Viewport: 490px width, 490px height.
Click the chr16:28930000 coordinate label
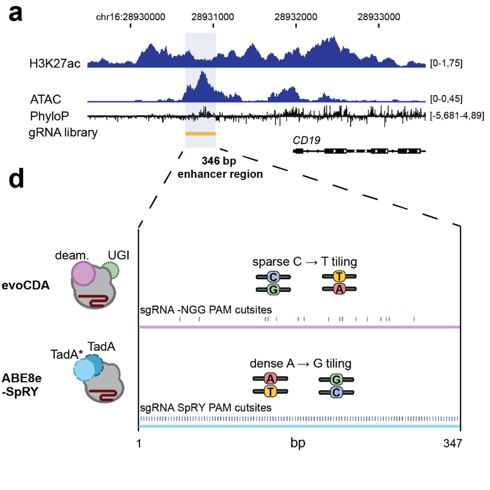130,17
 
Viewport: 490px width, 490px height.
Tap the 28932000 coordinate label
296,17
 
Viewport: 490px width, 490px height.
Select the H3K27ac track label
55,63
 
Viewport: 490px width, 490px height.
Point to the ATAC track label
46,99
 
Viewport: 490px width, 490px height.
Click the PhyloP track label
49,116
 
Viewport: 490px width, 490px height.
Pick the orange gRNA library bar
200,134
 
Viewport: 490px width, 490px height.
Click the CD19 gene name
306,140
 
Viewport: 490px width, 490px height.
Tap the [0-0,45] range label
446,99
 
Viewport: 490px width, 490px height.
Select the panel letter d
16,178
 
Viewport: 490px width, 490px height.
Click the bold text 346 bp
219,161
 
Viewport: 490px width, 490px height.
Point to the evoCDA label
26,285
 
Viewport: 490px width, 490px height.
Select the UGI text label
119,255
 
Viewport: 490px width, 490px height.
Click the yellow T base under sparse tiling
339,277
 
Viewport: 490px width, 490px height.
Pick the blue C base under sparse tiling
273,277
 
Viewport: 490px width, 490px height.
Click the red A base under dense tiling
270,379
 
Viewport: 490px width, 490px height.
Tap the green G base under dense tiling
336,379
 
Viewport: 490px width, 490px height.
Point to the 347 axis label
452,443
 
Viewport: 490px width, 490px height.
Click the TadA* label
67,354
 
